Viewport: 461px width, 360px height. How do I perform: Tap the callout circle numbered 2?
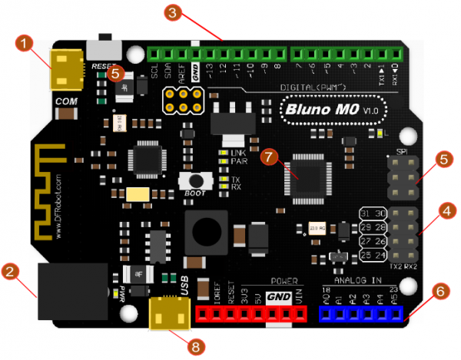[x=10, y=271]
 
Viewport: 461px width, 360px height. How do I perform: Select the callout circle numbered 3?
[x=174, y=12]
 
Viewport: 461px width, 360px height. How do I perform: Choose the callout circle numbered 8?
[x=197, y=346]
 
